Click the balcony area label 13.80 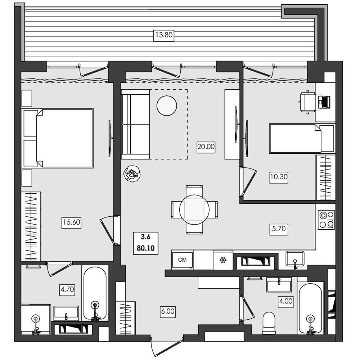point(164,35)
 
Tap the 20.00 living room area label point(206,147)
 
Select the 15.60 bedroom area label point(71,222)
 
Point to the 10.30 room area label point(279,177)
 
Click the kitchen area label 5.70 point(279,229)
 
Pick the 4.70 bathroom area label point(67,289)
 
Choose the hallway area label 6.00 point(168,311)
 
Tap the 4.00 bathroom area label point(285,301)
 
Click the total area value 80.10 point(145,248)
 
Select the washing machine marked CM point(183,260)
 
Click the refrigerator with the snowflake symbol point(223,260)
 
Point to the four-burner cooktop point(326,220)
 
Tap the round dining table point(194,210)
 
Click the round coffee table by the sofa point(167,105)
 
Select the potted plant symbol point(132,174)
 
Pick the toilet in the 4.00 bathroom point(269,323)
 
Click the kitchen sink point(295,259)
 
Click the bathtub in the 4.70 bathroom point(95,293)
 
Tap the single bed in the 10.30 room point(302,139)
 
